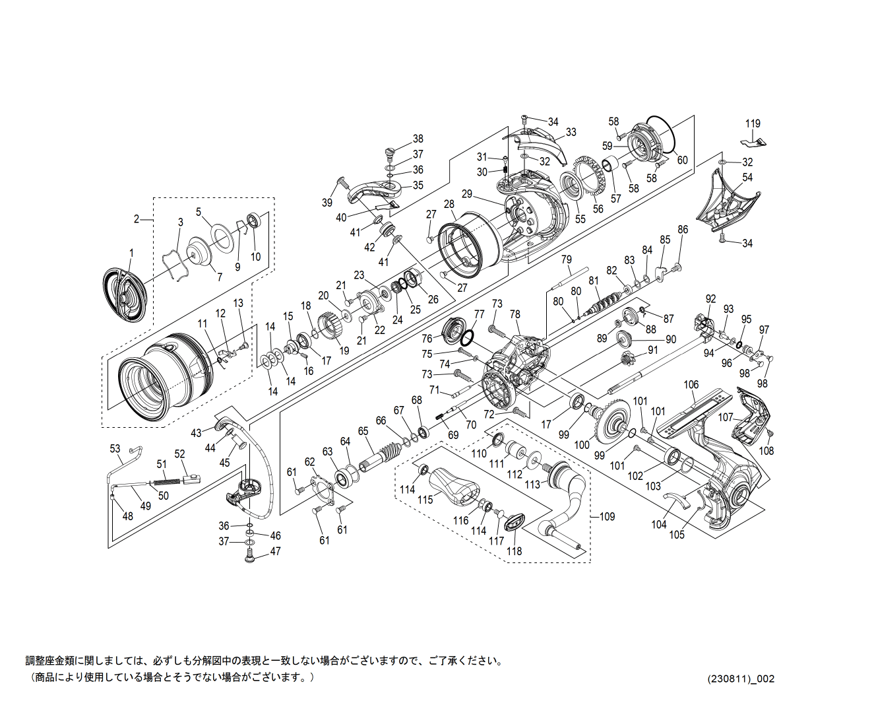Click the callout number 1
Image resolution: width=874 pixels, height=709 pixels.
tap(131, 253)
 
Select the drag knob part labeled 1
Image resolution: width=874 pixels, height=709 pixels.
tap(125, 294)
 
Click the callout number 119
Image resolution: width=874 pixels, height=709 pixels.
tap(753, 123)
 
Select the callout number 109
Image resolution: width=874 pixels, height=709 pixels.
tap(607, 516)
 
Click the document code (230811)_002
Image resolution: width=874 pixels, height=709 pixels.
tap(741, 679)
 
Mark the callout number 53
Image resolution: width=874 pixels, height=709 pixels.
tap(115, 449)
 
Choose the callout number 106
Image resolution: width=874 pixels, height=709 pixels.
tap(691, 385)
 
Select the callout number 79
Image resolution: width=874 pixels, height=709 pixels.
tap(566, 259)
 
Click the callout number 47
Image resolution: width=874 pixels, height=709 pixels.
tap(275, 551)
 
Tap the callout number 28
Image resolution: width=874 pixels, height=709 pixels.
tap(449, 205)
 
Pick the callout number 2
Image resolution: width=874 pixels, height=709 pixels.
tap(137, 219)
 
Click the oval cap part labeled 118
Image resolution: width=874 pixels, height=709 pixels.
tap(514, 522)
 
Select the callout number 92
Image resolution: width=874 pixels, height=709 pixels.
tap(710, 299)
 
